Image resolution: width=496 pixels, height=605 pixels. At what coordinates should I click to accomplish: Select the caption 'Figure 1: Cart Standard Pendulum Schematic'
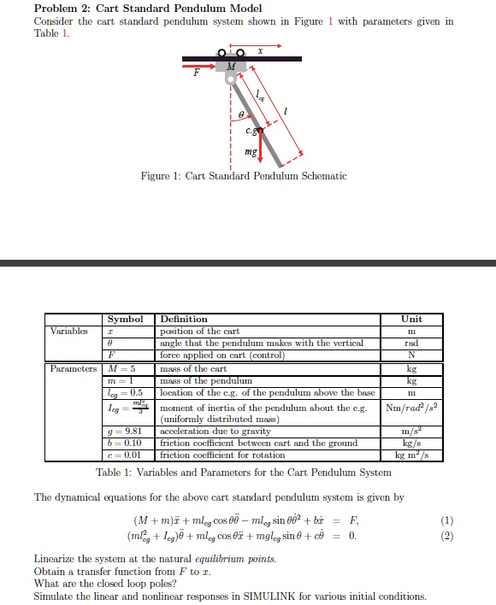click(x=244, y=176)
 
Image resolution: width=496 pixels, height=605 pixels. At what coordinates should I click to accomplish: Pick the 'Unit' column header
click(x=411, y=319)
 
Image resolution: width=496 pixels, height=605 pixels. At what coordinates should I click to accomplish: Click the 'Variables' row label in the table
click(x=68, y=331)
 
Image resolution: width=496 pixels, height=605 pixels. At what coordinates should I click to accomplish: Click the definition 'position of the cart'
click(x=200, y=331)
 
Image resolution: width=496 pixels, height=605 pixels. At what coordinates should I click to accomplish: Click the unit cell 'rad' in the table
click(x=411, y=343)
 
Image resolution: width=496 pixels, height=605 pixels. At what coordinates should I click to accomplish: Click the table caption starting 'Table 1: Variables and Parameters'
click(x=244, y=473)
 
